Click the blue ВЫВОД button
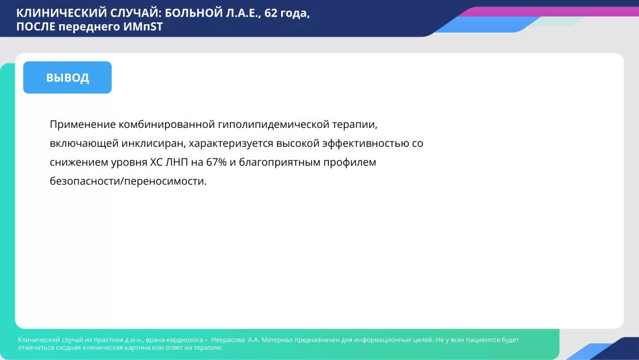pos(67,78)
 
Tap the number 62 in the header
pos(272,13)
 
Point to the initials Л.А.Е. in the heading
pos(240,13)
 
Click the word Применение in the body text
pos(82,124)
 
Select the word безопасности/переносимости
pos(128,181)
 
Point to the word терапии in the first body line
pos(354,124)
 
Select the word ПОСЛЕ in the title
pos(35,27)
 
